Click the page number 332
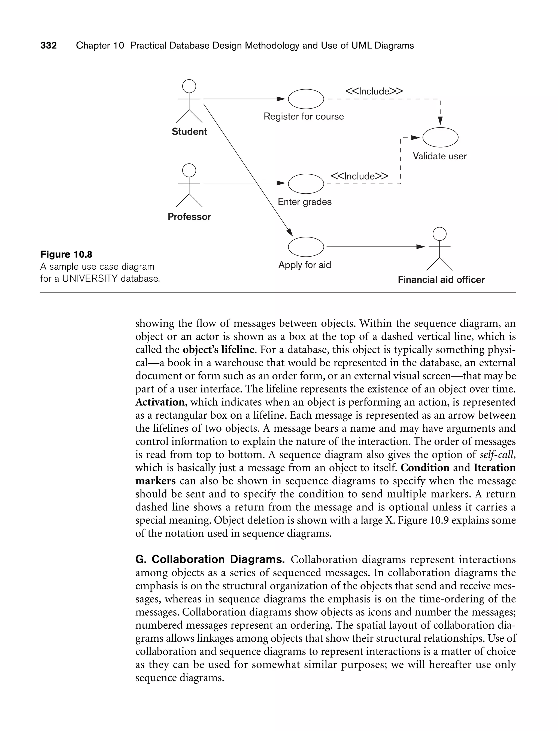[48, 45]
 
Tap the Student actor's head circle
[189, 86]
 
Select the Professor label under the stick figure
[189, 217]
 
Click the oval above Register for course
[306, 99]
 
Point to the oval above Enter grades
[306, 184]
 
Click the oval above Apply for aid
[306, 247]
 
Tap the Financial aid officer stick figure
[439, 249]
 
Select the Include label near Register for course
[374, 91]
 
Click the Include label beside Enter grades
[359, 176]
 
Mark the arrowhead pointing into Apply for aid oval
[289, 232]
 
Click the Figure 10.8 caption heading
[66, 254]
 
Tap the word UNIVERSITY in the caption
[90, 279]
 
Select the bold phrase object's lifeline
[219, 349]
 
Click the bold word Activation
[160, 402]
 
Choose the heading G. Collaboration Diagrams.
[210, 559]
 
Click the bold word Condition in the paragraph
[425, 467]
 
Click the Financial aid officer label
[441, 280]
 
